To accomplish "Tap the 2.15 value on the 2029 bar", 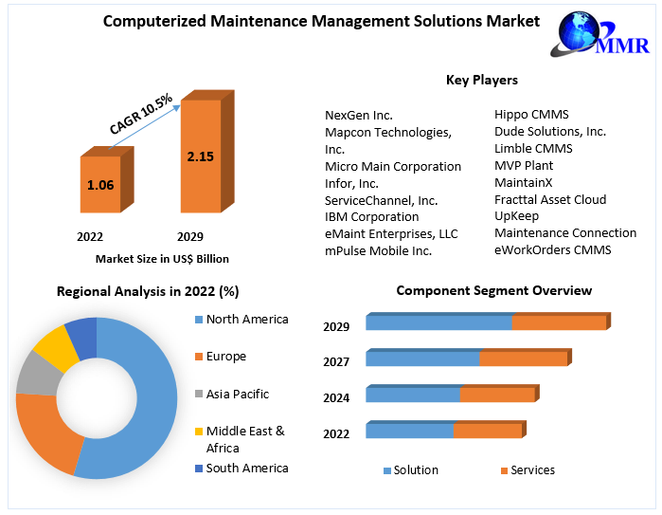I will coord(201,156).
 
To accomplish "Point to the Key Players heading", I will coord(481,81).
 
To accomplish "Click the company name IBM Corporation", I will coord(371,217).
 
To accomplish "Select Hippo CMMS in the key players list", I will coord(531,115).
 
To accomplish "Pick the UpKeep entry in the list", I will coord(517,216).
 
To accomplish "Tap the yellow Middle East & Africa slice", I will coord(56,348).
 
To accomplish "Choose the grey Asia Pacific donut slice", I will coord(35,374).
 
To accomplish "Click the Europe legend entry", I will coord(225,357).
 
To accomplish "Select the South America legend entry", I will coord(246,468).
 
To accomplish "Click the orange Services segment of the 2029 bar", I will coord(559,323).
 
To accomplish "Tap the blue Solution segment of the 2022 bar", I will coord(409,431).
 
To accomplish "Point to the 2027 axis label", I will coord(336,361).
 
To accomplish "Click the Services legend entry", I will coord(532,470).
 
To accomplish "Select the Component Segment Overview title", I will coord(493,290).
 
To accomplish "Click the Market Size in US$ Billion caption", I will coord(162,258).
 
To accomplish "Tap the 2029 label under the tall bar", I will coord(190,236).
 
